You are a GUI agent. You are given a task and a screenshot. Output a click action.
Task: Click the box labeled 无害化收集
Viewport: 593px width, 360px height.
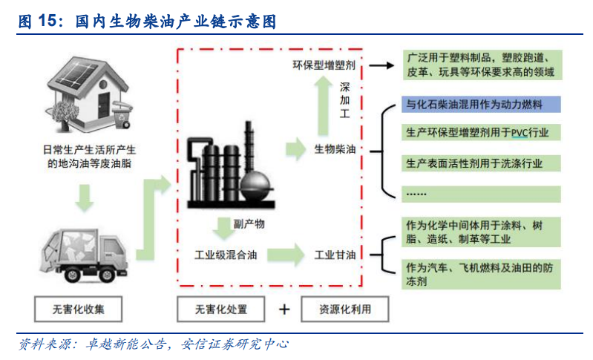77,309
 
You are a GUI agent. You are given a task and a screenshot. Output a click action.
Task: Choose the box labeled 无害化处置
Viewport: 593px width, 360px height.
220,309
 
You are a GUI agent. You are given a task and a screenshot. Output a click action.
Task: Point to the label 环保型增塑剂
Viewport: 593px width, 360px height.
324,65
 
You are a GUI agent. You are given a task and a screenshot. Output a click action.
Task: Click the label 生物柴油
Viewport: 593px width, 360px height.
335,148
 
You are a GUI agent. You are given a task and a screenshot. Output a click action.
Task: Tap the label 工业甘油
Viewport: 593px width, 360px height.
335,255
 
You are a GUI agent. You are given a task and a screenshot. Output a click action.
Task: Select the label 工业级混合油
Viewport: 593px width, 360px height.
226,255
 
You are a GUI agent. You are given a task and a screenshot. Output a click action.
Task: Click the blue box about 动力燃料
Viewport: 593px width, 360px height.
482,105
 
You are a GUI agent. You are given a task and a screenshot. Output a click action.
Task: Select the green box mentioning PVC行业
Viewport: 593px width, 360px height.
482,134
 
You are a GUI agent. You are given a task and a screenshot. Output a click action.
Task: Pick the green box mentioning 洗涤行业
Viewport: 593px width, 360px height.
482,163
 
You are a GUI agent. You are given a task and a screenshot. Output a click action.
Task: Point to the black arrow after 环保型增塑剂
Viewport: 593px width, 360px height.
380,65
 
